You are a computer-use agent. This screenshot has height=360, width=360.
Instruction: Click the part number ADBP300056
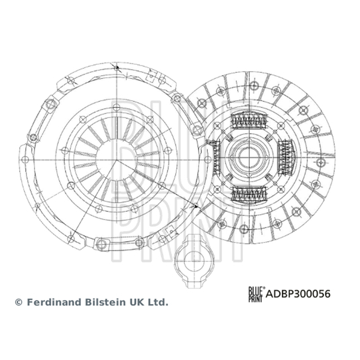pyautogui.click(x=298, y=294)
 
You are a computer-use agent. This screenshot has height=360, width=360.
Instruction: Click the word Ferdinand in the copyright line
pyautogui.click(x=54, y=302)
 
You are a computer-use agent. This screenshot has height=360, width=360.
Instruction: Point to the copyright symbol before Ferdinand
pyautogui.click(x=18, y=302)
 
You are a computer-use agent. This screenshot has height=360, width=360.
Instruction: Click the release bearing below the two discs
pyautogui.click(x=194, y=261)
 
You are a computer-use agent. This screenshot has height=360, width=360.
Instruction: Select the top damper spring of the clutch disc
pyautogui.click(x=249, y=121)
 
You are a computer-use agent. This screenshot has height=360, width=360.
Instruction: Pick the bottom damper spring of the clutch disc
pyautogui.click(x=249, y=193)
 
